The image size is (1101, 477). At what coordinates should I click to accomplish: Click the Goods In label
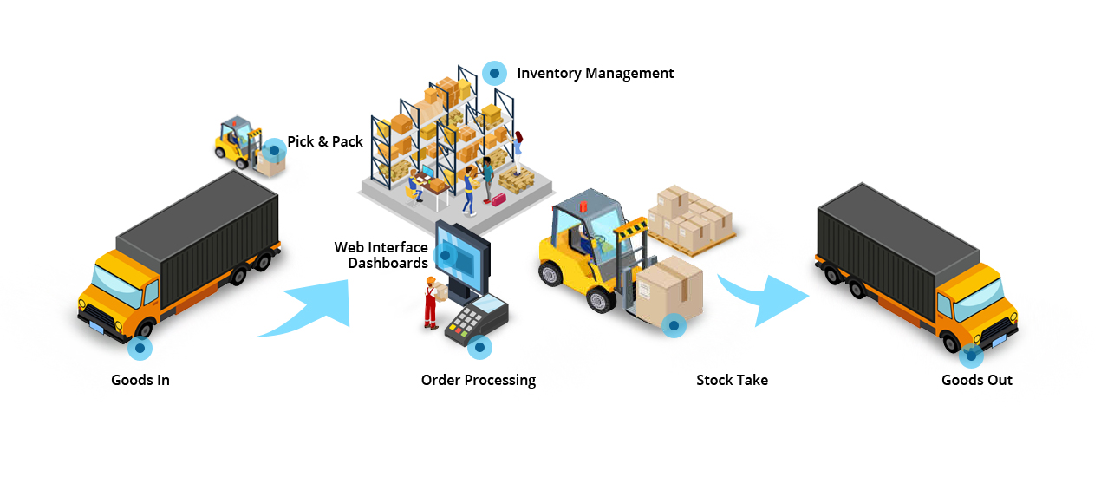(x=140, y=380)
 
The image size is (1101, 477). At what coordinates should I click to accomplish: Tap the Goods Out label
(x=977, y=380)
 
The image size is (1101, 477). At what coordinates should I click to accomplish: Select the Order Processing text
(x=479, y=380)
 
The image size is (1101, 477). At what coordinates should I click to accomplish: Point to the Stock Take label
(x=732, y=380)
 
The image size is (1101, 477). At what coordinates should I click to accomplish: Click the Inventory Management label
(x=595, y=74)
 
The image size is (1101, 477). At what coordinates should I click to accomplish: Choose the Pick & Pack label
(x=325, y=141)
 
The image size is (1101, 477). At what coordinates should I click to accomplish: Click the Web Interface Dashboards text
(x=381, y=255)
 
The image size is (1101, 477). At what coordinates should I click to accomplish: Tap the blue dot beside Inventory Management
(x=494, y=74)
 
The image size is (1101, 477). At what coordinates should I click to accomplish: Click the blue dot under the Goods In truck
(x=140, y=349)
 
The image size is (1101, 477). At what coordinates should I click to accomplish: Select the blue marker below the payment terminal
(x=479, y=348)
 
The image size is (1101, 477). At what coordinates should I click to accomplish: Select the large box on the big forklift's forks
(x=669, y=286)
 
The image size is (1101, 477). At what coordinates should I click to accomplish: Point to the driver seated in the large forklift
(x=589, y=241)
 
